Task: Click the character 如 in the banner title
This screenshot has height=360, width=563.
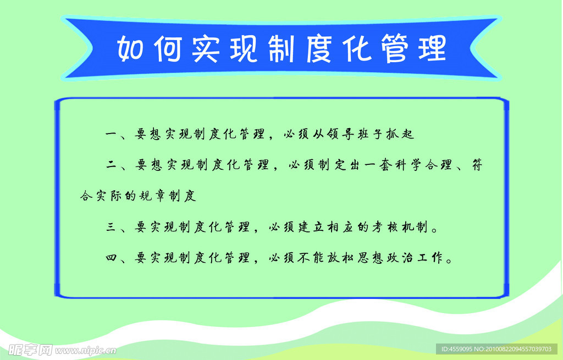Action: (131, 48)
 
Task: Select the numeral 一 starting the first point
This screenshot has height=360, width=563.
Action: (111, 135)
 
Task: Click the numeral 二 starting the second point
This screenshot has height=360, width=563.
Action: (111, 165)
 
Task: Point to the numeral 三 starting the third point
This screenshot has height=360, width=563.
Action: (111, 227)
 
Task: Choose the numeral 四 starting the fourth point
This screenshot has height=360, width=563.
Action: (111, 258)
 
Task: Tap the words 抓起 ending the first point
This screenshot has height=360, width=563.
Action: (400, 134)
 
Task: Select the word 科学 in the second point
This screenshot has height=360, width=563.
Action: (409, 165)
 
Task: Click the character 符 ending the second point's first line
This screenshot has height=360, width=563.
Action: (477, 165)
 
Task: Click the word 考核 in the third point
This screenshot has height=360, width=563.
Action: (385, 227)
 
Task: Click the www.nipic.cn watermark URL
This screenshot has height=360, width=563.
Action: (85, 351)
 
